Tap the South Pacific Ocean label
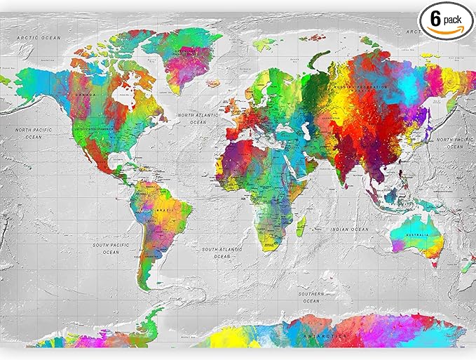(x=111, y=248)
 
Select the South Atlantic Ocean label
(x=222, y=253)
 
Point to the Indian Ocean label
(x=351, y=229)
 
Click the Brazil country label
(x=165, y=211)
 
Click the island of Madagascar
(x=301, y=227)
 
